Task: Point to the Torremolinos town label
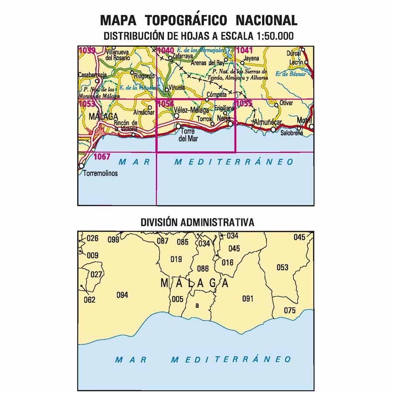(100, 173)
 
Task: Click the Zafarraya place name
(183, 56)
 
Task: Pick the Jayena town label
(251, 58)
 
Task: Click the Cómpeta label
(217, 94)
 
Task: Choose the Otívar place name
(286, 103)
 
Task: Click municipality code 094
(122, 295)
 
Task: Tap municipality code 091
(248, 299)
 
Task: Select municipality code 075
(290, 310)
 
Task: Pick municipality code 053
(283, 267)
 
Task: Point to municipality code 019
(176, 259)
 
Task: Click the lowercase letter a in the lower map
(197, 305)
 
